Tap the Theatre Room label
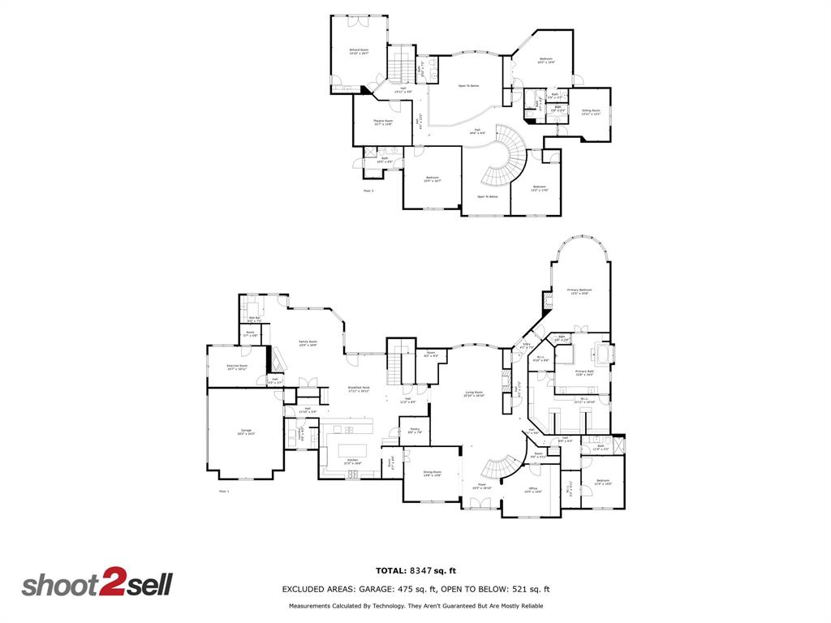tap(383, 122)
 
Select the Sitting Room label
tap(591, 112)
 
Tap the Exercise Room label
tap(237, 367)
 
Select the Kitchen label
tap(353, 461)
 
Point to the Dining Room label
tap(432, 473)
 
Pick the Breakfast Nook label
tap(360, 389)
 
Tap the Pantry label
tap(414, 432)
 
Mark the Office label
tap(532, 489)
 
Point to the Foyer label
tap(481, 487)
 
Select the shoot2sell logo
tap(97, 585)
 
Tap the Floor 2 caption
tap(369, 191)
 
